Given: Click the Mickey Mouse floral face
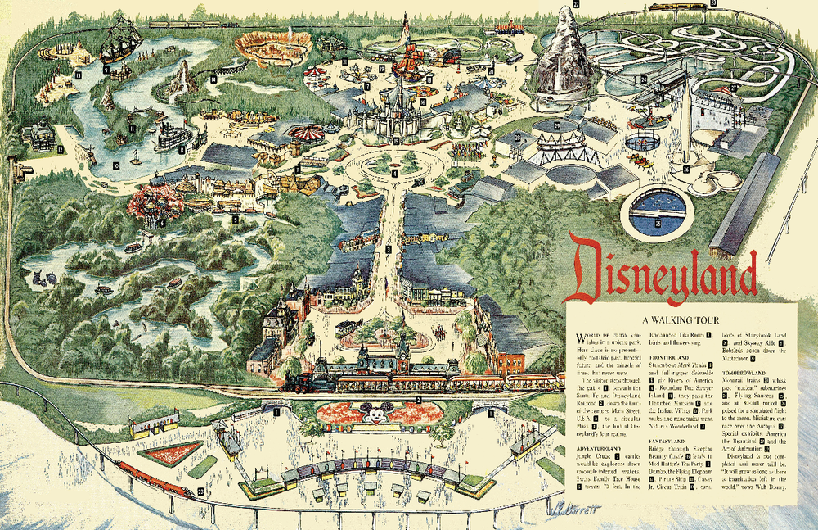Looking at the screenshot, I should [x=374, y=415].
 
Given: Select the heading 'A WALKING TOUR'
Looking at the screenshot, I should [x=680, y=319].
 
